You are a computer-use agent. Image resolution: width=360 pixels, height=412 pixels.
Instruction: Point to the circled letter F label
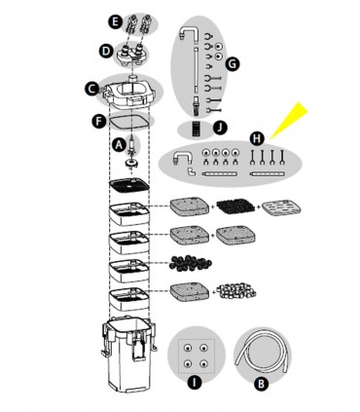[95, 123]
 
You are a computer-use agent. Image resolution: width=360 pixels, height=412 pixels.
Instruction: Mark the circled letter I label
[196, 381]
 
